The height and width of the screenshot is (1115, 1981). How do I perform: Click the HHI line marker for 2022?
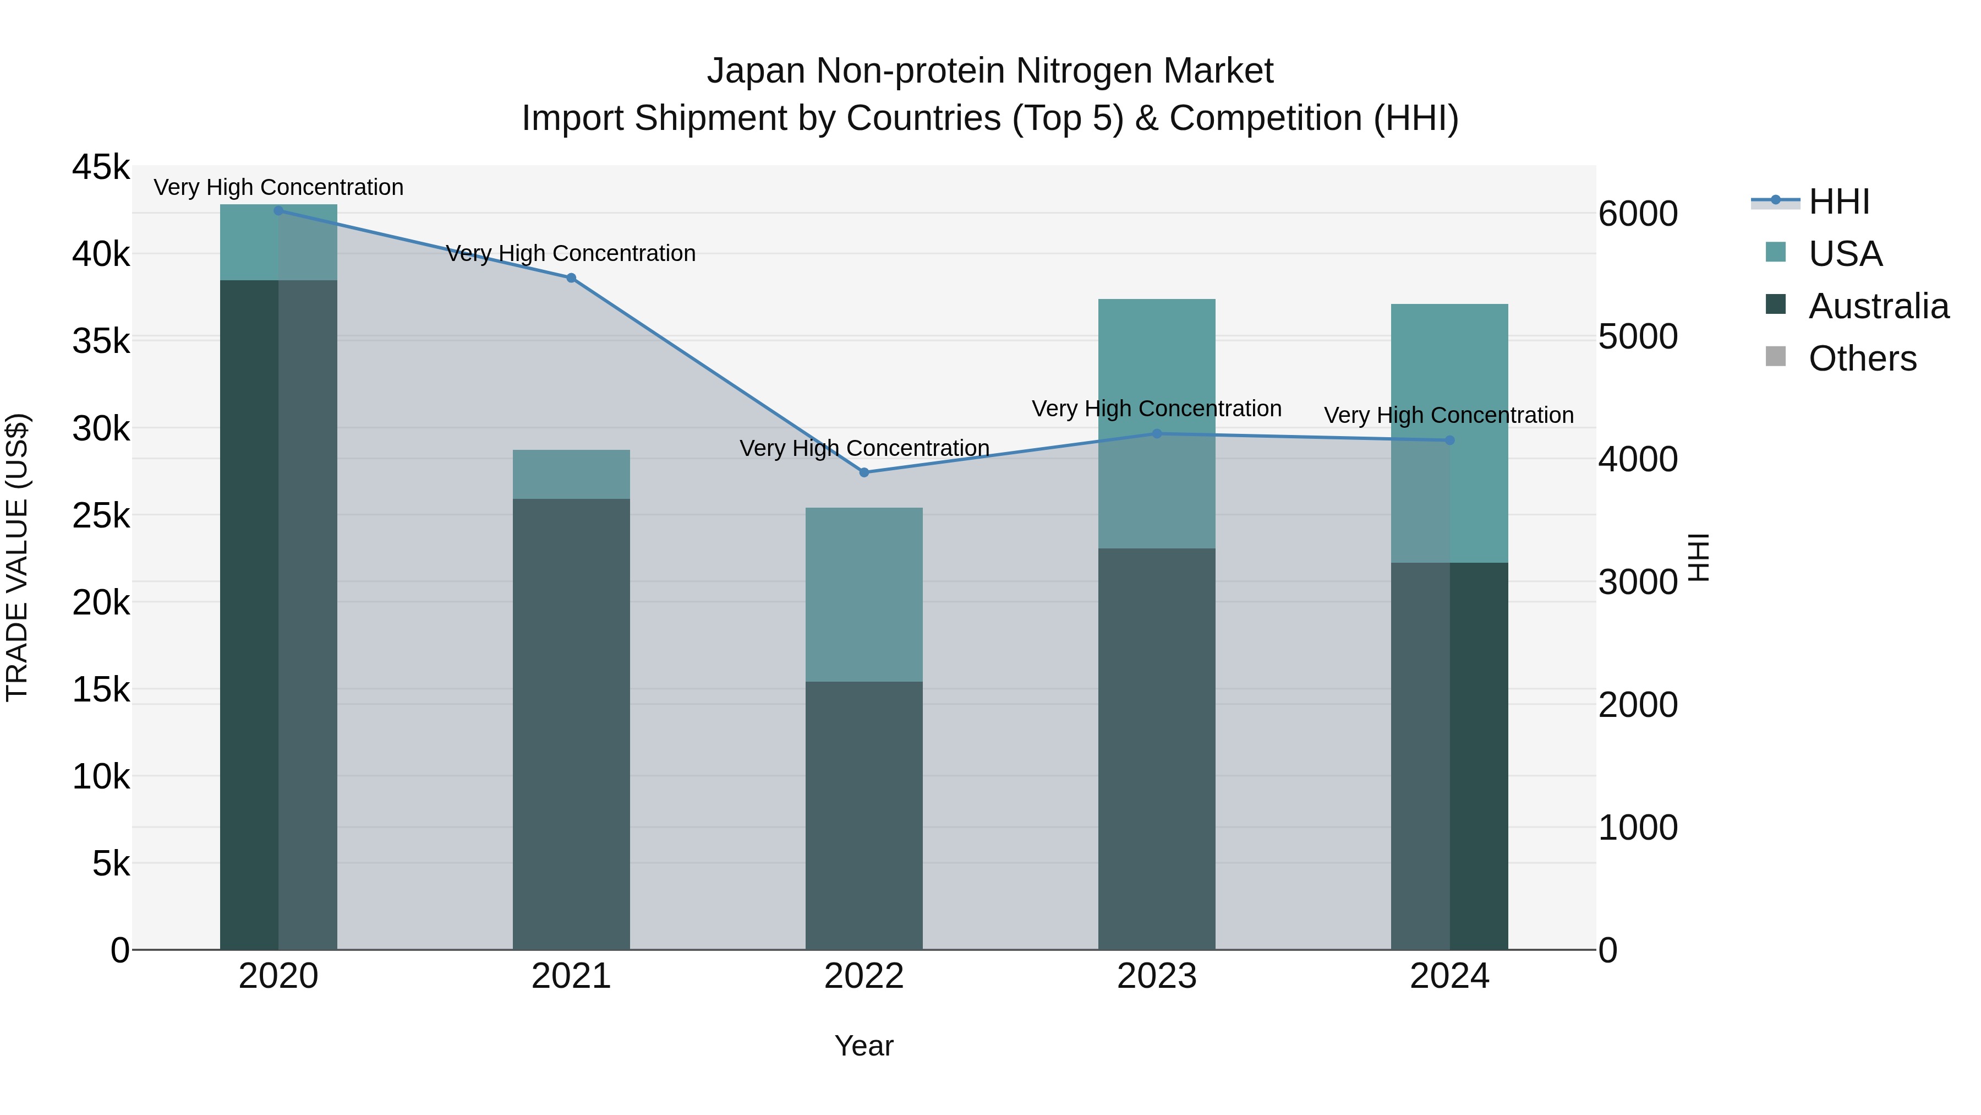click(x=863, y=472)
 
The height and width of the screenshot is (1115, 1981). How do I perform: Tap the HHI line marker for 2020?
click(x=278, y=210)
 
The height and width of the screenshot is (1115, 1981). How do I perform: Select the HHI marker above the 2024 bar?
click(x=1449, y=440)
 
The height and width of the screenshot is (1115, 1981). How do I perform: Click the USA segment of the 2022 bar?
click(x=863, y=594)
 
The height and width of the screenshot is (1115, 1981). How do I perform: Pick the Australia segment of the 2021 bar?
click(x=571, y=724)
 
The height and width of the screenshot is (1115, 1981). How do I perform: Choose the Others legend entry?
click(x=1862, y=358)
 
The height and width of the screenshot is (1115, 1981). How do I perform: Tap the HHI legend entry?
click(x=1838, y=202)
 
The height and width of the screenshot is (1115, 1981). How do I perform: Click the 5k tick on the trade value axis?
click(x=111, y=863)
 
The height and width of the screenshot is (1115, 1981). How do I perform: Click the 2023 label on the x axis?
click(x=1157, y=976)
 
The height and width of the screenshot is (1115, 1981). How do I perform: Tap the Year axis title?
click(x=863, y=1046)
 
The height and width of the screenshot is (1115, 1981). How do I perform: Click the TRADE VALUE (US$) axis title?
click(x=17, y=557)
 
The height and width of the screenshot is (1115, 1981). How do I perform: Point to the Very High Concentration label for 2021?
click(x=571, y=253)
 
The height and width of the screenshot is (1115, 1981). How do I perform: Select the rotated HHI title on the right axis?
click(x=1699, y=557)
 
